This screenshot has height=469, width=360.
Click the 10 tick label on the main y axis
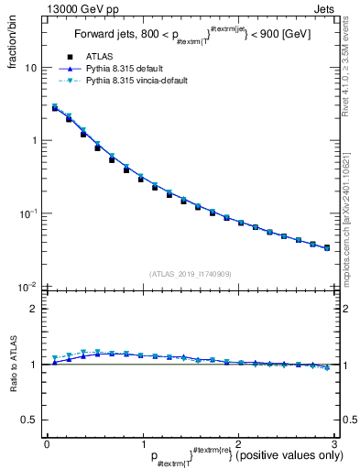[x=30, y=68]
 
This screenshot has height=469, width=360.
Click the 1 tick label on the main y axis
[x=33, y=140]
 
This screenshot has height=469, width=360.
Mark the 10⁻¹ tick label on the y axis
[x=28, y=213]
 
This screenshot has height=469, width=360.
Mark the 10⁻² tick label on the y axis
[x=28, y=286]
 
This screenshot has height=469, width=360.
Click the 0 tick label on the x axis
[x=47, y=443]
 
